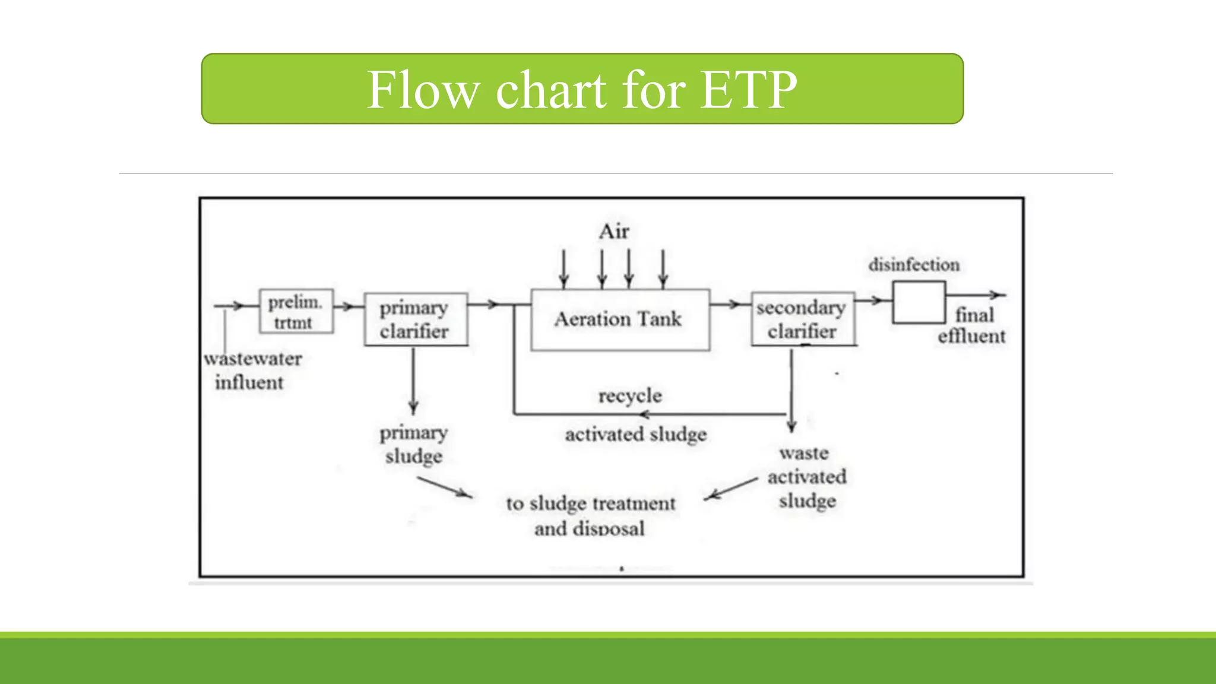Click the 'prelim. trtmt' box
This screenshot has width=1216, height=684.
pos(296,312)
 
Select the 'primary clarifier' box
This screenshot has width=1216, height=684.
pos(415,319)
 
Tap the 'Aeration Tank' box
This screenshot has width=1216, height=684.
pos(619,320)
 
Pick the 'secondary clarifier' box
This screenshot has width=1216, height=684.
pos(802,319)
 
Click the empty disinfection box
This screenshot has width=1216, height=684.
pos(919,302)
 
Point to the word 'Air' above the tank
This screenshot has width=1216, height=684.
pos(614,232)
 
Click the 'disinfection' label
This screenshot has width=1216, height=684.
pos(914,265)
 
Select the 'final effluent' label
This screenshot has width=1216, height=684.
pos(972,325)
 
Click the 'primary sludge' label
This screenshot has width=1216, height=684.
pos(413,444)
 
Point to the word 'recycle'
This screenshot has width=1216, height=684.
pos(630,396)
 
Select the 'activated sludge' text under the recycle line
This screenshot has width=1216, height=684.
pos(635,435)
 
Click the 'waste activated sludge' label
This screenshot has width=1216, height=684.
pos(806,477)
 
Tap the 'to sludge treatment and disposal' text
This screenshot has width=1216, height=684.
pos(590,515)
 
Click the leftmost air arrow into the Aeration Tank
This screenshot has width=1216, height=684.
pos(563,268)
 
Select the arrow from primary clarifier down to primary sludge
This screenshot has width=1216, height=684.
pos(413,380)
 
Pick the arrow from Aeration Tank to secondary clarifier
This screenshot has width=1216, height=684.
pos(730,305)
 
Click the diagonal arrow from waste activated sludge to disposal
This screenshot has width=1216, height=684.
pos(731,489)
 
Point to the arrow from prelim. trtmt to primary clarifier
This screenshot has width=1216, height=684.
pos(348,306)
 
